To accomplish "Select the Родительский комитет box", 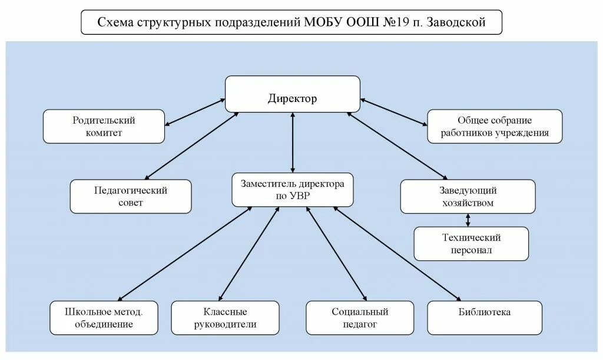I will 104,126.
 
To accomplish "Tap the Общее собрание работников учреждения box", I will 495,126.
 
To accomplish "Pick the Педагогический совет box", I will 131,196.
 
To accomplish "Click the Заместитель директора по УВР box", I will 293,189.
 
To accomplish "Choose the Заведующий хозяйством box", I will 468,196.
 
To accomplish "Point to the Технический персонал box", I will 471,243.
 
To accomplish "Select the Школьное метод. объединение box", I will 104,318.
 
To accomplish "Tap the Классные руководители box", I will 225,318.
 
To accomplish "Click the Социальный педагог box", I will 360,318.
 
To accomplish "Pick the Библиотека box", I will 484,318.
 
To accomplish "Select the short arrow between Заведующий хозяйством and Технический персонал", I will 468,220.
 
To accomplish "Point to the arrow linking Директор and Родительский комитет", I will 195,112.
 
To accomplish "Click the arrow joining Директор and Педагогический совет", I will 191,145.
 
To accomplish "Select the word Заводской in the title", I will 456,22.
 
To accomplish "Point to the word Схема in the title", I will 115,22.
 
